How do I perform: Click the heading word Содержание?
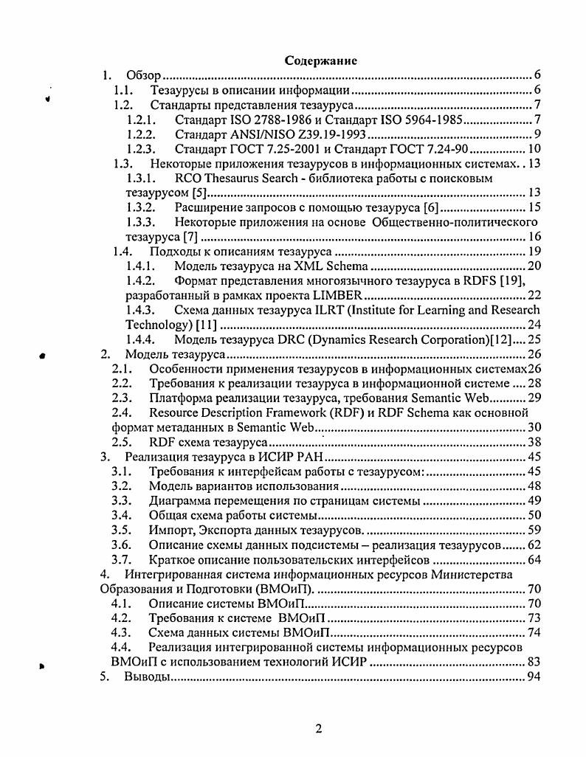coord(321,61)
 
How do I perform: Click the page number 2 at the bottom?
coord(318,730)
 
